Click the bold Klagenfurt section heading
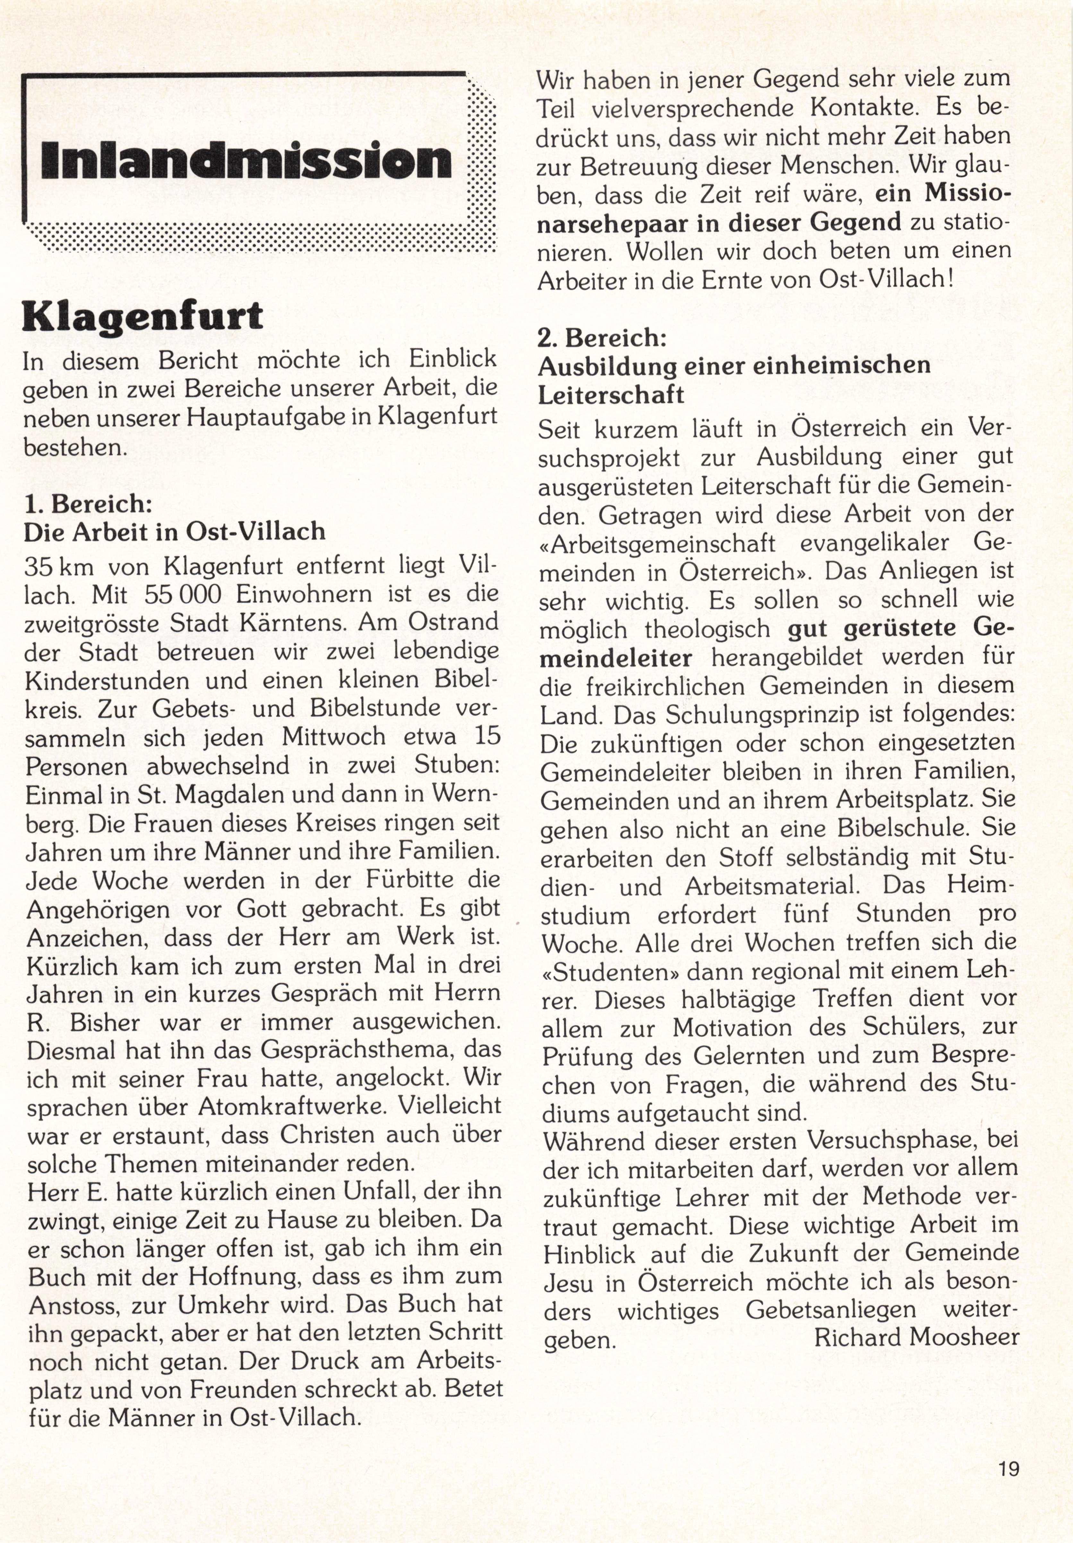(x=142, y=316)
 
